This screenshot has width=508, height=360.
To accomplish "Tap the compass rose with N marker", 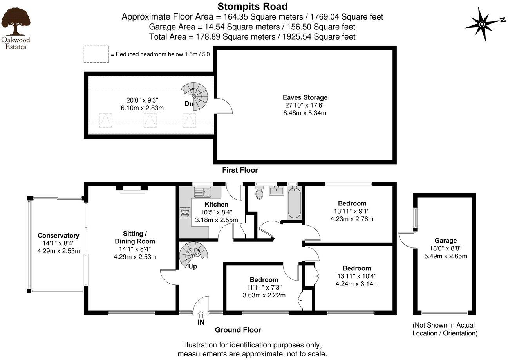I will point(482,25).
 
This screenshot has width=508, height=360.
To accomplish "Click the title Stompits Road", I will point(252,6).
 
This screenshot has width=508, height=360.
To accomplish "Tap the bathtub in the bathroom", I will point(294,203).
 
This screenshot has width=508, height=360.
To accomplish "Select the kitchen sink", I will point(203,191).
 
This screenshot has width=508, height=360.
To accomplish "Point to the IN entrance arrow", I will point(201,314).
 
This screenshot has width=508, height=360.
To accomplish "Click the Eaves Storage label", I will point(305,97).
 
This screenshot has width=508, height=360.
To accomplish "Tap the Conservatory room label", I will point(58,236).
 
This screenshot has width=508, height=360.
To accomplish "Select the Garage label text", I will point(445,241).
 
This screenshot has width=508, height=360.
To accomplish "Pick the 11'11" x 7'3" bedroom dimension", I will point(264,287).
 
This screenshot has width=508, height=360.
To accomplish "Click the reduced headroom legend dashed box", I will point(96,54).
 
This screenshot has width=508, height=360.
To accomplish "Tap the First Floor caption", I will point(240,170).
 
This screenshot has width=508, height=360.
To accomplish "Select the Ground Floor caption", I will point(238,330).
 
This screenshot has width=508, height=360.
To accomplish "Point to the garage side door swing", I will point(407,240).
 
